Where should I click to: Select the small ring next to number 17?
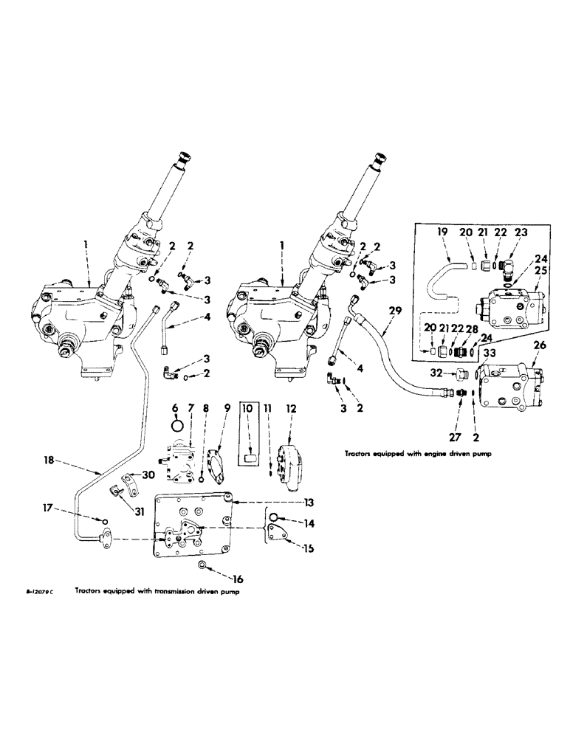click(x=105, y=522)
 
